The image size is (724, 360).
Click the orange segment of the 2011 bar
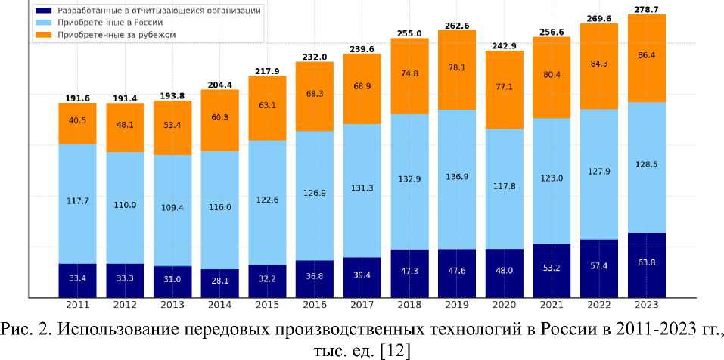tap(78, 123)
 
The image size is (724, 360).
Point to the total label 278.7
tap(647, 8)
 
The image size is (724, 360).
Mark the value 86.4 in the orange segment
tap(647, 56)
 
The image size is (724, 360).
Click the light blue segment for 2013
tap(172, 210)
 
